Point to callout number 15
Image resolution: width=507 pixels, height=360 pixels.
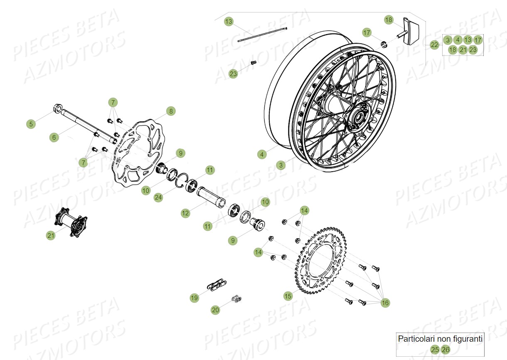(x=288, y=296)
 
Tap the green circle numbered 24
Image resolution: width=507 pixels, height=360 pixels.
(x=158, y=197)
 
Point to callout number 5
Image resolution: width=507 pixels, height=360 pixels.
(x=31, y=124)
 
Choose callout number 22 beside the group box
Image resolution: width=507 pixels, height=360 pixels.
(x=434, y=44)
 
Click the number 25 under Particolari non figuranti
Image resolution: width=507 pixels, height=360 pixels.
(x=435, y=349)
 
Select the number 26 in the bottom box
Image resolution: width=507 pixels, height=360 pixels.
(x=445, y=349)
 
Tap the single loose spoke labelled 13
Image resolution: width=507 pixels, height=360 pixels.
(x=262, y=34)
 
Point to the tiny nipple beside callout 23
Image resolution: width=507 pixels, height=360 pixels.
(x=253, y=63)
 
